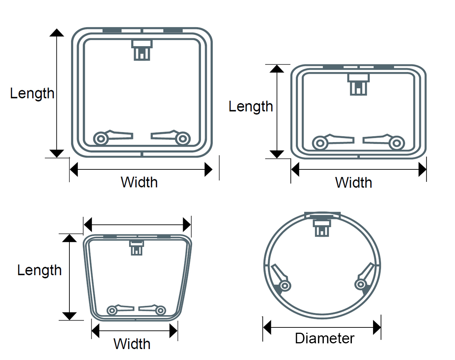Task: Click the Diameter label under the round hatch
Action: click(x=324, y=338)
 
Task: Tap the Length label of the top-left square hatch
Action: click(x=32, y=93)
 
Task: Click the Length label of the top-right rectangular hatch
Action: click(x=251, y=106)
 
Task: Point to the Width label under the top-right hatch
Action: click(x=353, y=182)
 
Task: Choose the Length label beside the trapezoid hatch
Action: click(x=39, y=270)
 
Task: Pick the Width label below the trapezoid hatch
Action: click(x=132, y=344)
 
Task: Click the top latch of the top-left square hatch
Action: click(x=142, y=50)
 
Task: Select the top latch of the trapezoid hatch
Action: click(x=136, y=247)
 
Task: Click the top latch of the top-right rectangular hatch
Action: click(x=358, y=85)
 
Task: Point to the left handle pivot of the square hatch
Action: click(x=101, y=139)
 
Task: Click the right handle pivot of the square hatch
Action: click(x=183, y=139)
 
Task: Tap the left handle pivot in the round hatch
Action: click(x=285, y=286)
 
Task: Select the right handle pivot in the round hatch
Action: click(x=361, y=284)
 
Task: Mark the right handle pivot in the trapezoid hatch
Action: click(x=160, y=310)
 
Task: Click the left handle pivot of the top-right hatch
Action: click(x=320, y=143)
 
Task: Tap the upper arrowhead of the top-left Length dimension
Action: click(x=56, y=33)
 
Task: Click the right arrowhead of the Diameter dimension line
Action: click(x=377, y=327)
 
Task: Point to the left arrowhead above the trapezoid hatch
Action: click(x=88, y=225)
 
